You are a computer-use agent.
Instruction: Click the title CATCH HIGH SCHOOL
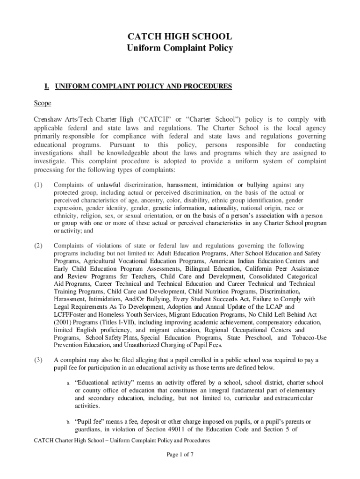click(180, 37)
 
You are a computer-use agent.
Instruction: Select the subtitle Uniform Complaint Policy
click(180, 48)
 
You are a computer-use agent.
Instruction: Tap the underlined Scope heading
click(42, 103)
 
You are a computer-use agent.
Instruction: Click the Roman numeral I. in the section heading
click(47, 87)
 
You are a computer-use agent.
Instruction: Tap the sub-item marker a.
click(68, 383)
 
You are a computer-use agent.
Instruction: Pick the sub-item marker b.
click(68, 422)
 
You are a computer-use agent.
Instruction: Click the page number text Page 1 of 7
click(180, 454)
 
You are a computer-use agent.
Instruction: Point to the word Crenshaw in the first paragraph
click(48, 119)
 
